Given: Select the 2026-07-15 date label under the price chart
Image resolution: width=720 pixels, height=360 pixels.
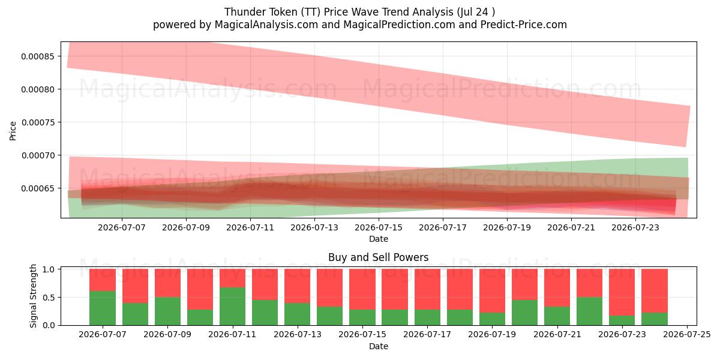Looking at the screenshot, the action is [379, 228].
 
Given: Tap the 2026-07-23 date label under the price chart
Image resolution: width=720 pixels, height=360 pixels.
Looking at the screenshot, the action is [635, 228].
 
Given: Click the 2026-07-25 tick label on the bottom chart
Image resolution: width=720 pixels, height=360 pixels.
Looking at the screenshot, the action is [687, 335].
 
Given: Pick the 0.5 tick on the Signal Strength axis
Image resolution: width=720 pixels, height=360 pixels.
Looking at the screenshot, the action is [49, 298].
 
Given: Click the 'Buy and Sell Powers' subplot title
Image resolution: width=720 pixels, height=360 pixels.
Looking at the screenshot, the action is [379, 257].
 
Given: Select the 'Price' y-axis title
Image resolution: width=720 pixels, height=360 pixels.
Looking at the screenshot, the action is [13, 131].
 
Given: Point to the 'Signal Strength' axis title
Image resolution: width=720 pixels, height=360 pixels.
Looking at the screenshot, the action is [33, 296].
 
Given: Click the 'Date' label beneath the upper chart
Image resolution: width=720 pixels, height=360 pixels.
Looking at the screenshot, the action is [379, 239].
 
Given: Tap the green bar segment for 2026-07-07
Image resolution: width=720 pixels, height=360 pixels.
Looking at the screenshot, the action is [103, 308].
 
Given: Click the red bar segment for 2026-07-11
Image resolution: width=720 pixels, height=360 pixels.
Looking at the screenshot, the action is [232, 278].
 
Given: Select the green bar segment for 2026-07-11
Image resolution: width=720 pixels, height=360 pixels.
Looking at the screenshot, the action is [232, 307].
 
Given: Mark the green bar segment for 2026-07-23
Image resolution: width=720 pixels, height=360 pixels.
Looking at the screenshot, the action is [622, 320].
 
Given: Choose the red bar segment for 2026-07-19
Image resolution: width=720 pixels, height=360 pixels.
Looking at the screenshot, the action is [492, 291].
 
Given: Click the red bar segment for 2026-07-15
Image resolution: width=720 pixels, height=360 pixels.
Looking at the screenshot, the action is [362, 289].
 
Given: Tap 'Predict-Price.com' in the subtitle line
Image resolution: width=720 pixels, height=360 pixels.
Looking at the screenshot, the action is [524, 25].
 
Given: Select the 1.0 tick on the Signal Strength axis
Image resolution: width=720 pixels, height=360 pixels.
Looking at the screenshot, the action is [49, 269].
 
